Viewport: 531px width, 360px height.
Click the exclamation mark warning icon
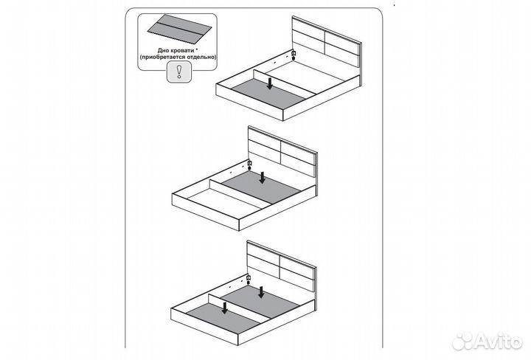coord(179,72)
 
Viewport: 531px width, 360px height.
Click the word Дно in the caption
coord(163,50)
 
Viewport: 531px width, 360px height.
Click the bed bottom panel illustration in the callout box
coord(179,29)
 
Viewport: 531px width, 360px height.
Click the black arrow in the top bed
coord(270,83)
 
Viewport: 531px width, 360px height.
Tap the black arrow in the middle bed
coord(262,178)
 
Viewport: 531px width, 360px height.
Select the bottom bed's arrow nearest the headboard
coord(261,292)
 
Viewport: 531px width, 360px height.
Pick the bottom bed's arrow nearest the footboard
coord(224,308)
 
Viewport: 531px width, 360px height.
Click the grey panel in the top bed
coord(269,94)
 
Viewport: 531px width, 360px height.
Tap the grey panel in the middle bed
coord(262,187)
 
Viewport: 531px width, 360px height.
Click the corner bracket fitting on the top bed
coord(294,55)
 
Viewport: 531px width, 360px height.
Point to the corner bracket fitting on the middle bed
coord(249,165)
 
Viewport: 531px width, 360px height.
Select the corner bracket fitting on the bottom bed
coord(249,280)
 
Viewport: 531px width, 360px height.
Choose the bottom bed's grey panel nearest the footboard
coord(224,318)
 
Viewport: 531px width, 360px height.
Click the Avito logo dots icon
coord(462,341)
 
